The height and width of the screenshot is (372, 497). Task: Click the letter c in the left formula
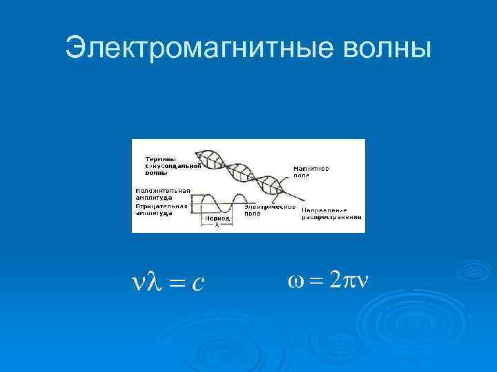click(197, 282)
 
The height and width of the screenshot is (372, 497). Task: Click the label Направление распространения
click(324, 214)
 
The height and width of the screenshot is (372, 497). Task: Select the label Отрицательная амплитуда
click(162, 209)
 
